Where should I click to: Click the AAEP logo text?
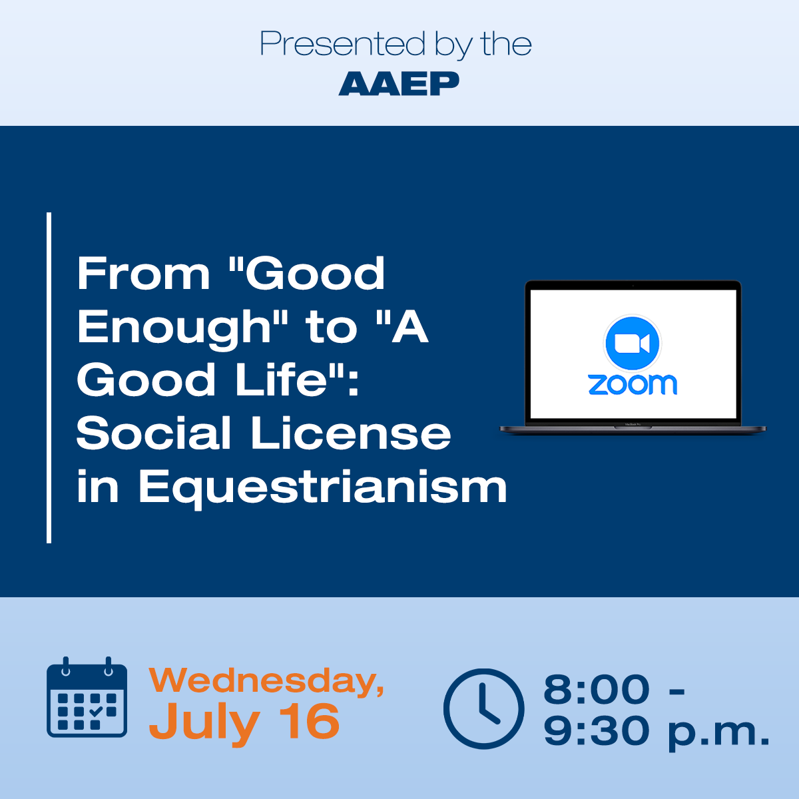click(399, 83)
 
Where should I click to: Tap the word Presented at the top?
click(342, 43)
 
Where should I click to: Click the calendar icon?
click(87, 697)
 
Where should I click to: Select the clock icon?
click(483, 708)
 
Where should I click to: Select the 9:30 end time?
click(596, 731)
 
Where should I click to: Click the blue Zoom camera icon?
click(633, 344)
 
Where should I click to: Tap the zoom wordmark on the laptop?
click(633, 384)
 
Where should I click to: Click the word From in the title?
click(143, 274)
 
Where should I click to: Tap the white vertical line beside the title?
click(49, 378)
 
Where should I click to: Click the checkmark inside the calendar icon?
click(95, 712)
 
